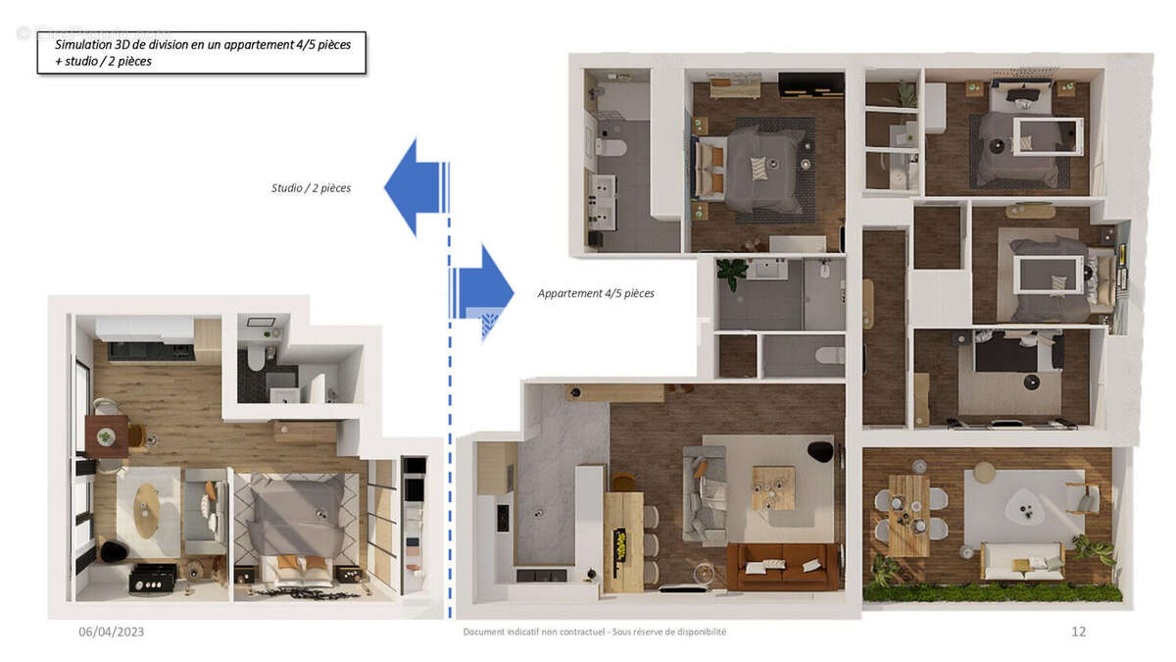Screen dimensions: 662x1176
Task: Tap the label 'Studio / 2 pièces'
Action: pos(311,187)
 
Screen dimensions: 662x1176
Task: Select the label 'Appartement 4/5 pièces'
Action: pos(596,293)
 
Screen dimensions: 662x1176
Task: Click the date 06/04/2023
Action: pos(111,632)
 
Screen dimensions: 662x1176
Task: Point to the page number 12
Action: pos(1078,632)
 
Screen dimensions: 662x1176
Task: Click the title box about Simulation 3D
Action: pos(201,53)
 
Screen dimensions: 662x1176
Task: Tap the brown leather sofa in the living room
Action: pos(782,566)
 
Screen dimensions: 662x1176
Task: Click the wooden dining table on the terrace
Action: pos(909,514)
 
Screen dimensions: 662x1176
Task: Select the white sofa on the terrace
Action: pos(1022,561)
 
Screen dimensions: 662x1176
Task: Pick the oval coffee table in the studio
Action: pos(147,510)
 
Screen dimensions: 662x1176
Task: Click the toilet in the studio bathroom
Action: pos(257,357)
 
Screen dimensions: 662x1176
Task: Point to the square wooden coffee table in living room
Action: pos(773,487)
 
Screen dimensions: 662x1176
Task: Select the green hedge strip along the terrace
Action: pos(993,592)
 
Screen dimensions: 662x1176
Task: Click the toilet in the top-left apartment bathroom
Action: pos(612,148)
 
